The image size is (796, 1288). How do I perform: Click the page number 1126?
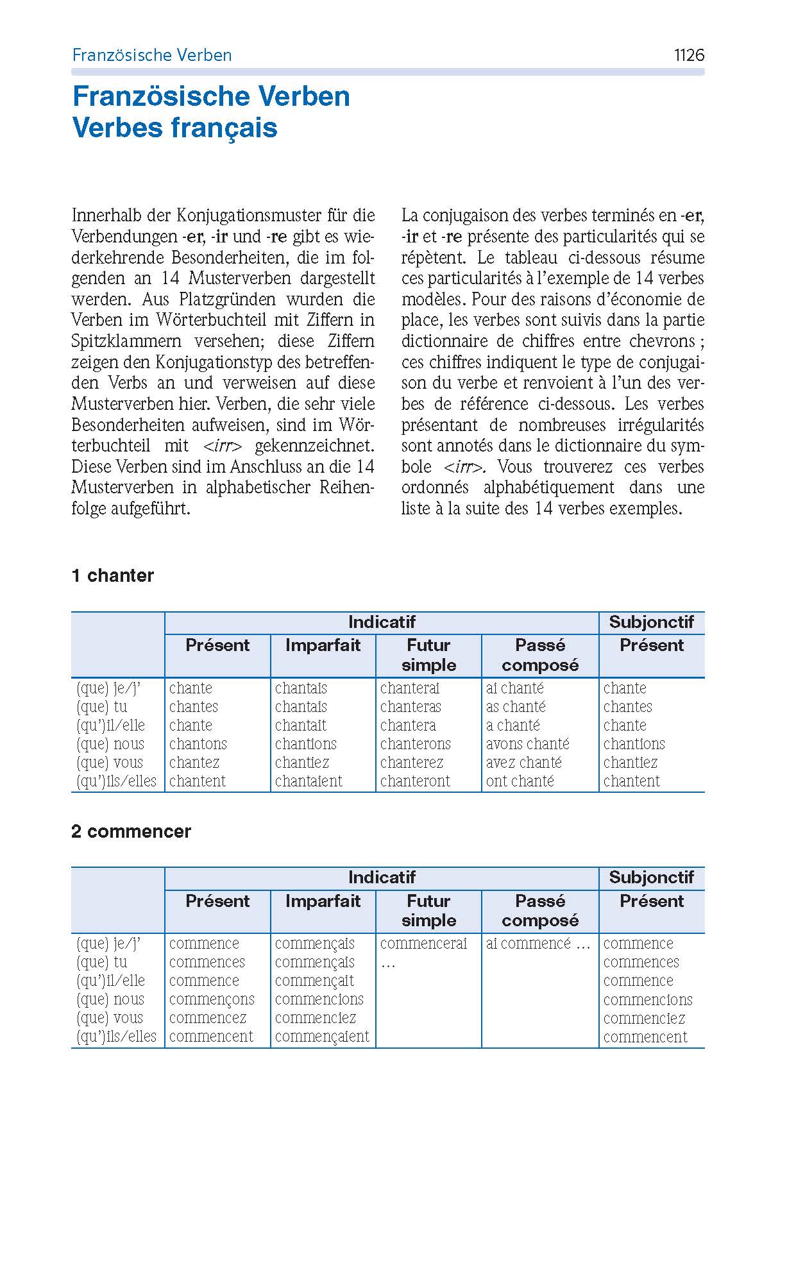689,55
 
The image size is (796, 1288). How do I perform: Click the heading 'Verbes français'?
175,127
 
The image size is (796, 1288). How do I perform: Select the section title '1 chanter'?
113,575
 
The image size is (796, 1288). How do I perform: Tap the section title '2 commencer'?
131,831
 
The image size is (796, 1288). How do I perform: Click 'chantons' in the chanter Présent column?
198,744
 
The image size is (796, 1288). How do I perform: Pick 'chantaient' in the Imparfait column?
309,781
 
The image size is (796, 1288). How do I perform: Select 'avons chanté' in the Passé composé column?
527,744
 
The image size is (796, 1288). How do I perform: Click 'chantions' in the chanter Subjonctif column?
634,744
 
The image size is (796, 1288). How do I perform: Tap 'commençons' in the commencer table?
212,999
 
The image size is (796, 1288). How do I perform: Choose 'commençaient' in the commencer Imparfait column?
322,1037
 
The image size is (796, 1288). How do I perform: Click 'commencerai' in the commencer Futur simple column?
423,944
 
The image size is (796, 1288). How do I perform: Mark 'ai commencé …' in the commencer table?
538,944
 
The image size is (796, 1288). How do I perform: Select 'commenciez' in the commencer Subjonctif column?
644,1019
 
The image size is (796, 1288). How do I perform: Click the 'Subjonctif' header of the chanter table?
651,622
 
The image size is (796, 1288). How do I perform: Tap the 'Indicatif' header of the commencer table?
382,877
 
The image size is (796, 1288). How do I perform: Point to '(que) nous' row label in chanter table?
110,744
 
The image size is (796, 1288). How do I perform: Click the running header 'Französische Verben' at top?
151,55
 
